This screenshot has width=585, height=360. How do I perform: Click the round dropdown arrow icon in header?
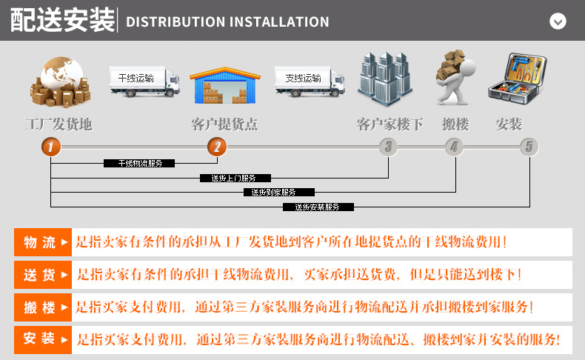tap(558, 21)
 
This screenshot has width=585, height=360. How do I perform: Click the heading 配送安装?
tap(63, 21)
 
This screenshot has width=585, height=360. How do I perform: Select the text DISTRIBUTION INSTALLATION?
tap(227, 21)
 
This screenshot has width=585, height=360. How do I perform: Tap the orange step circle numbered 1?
tap(50, 147)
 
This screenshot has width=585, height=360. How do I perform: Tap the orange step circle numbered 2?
tap(216, 147)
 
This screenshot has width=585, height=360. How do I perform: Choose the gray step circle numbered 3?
tap(388, 147)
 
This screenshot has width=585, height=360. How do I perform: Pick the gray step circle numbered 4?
tap(454, 147)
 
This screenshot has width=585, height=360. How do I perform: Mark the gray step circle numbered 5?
tap(529, 147)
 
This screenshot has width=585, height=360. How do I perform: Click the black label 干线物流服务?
tap(138, 163)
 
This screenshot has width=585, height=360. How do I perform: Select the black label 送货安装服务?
tap(318, 207)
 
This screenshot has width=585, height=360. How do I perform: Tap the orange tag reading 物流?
tap(43, 242)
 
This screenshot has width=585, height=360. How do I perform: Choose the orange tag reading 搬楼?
tap(43, 307)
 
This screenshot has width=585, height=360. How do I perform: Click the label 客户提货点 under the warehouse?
tap(224, 124)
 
